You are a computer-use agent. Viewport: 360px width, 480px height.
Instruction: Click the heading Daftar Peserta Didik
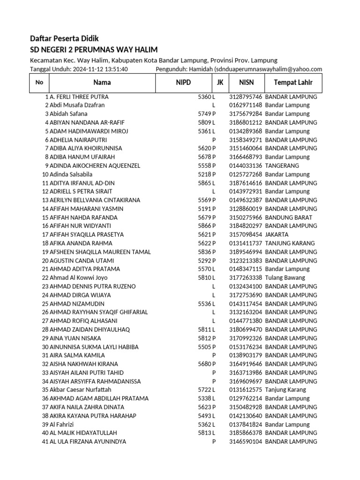pos(64,38)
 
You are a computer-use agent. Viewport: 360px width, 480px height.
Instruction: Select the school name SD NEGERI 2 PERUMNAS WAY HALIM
pos(94,50)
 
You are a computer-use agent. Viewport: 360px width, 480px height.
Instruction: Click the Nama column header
pos(102,83)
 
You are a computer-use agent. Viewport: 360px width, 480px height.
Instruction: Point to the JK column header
pos(220,83)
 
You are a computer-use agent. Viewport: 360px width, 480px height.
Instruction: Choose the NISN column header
pos(246,83)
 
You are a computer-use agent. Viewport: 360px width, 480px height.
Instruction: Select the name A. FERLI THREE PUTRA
pos(79,97)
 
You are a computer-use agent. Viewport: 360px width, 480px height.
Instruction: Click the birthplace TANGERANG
pos(282,165)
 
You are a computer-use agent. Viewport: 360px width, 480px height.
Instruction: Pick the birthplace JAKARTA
pos(277,234)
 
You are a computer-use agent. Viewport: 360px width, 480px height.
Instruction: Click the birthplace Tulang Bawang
pos(285,277)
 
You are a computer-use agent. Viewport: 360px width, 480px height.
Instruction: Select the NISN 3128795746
pos(245,97)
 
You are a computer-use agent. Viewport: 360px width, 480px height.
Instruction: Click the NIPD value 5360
pos(204,97)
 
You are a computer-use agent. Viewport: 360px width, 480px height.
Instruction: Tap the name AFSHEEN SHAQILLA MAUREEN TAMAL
pos(100,252)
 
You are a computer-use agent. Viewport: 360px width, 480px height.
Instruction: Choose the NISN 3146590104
pos(245,442)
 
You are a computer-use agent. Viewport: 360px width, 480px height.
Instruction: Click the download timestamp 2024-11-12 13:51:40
pos(100,69)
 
